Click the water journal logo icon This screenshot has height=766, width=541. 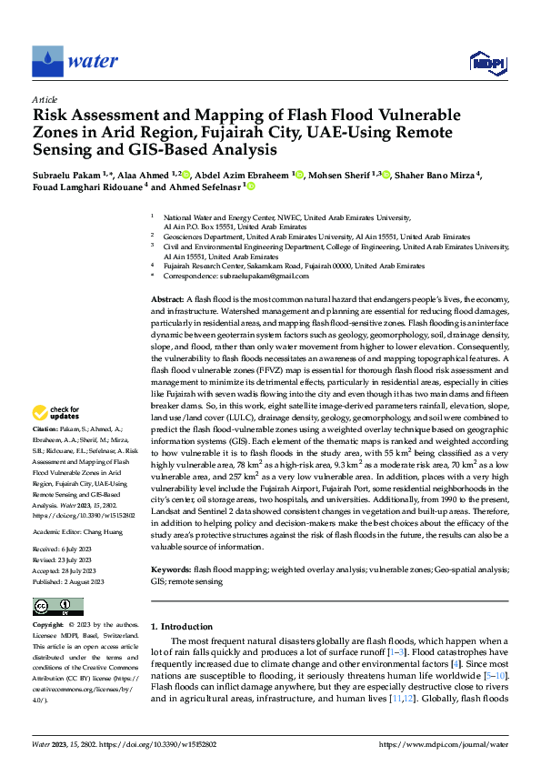48,61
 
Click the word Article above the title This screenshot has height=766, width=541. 45,99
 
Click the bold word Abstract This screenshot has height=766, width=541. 166,299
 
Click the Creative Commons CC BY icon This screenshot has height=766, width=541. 58,606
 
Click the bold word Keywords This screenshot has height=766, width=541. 173,568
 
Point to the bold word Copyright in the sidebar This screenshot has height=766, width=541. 48,626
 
